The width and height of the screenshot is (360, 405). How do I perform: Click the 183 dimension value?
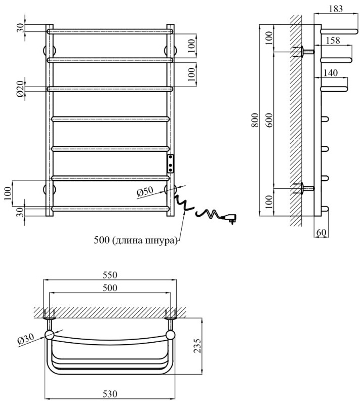335,8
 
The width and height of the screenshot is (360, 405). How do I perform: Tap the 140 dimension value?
330,73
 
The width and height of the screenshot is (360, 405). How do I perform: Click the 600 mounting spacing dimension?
269,120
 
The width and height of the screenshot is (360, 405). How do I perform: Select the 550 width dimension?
110,275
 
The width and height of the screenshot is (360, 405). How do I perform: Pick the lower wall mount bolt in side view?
305,188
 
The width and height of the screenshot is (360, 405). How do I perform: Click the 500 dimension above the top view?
110,288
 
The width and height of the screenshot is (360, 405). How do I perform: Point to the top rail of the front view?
110,31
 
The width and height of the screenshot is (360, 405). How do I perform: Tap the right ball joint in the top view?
171,335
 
